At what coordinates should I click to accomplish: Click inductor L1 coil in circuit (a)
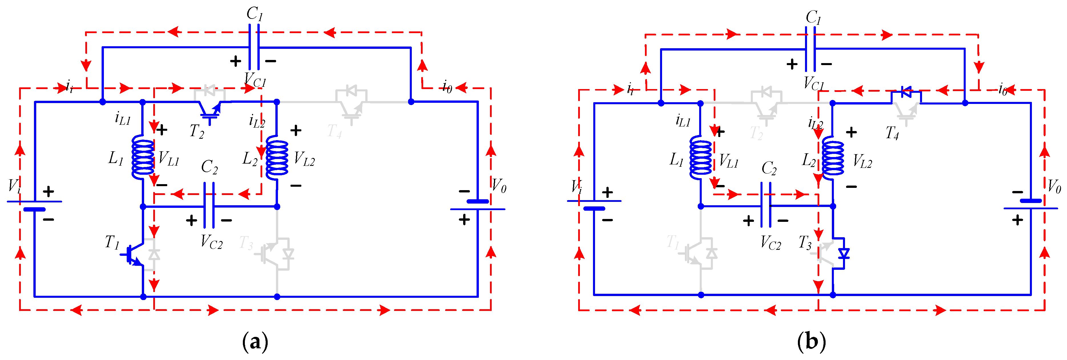click(x=142, y=157)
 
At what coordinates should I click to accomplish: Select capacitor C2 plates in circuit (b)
click(x=766, y=205)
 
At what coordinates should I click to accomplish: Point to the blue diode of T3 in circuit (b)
click(x=843, y=253)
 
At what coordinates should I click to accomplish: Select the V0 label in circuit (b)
click(x=1054, y=186)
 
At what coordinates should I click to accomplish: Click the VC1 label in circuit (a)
click(x=255, y=80)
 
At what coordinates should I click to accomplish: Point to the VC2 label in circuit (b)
click(x=771, y=243)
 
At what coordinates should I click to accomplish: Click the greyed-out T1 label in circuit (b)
click(x=673, y=242)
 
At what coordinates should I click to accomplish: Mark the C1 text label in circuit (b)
click(x=813, y=17)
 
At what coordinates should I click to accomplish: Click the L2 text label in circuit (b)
click(x=808, y=160)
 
